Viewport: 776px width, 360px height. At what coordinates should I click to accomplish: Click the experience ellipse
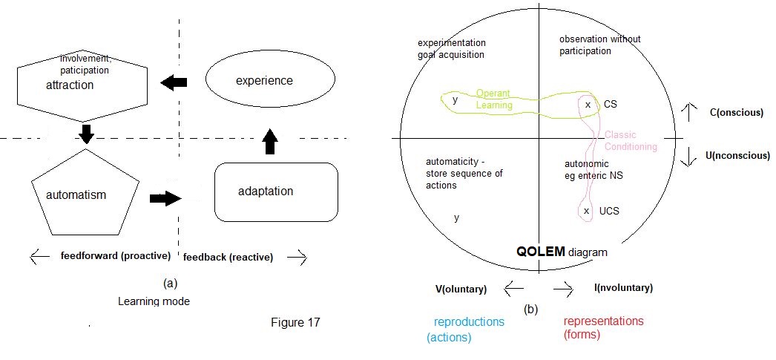click(x=266, y=81)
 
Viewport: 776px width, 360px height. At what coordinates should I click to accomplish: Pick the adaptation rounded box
click(x=276, y=192)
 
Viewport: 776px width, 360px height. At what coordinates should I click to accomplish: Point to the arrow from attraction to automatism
click(x=87, y=134)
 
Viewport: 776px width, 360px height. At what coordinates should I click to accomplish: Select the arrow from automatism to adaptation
click(x=165, y=198)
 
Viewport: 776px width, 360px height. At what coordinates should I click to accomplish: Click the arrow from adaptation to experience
click(x=270, y=140)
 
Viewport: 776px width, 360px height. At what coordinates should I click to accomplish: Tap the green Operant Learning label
click(x=494, y=99)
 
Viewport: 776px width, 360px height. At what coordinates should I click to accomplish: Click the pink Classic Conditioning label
click(x=631, y=140)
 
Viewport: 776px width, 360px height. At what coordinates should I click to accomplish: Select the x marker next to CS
click(x=588, y=105)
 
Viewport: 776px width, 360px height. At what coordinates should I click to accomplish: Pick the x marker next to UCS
click(x=587, y=211)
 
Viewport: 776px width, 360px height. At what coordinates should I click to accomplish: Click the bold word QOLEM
click(x=541, y=252)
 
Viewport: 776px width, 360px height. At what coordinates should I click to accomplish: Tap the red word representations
click(x=603, y=321)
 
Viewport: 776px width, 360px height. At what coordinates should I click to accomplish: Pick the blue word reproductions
click(x=469, y=322)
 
